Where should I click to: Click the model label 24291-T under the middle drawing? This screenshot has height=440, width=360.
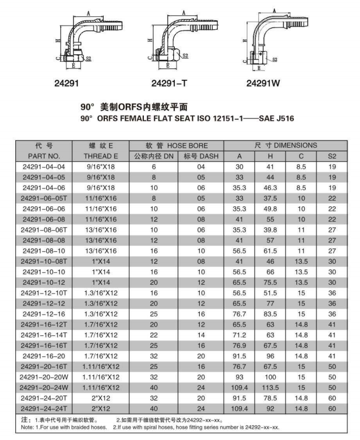(x=168, y=84)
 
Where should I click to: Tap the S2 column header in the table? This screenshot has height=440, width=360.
(x=332, y=156)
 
